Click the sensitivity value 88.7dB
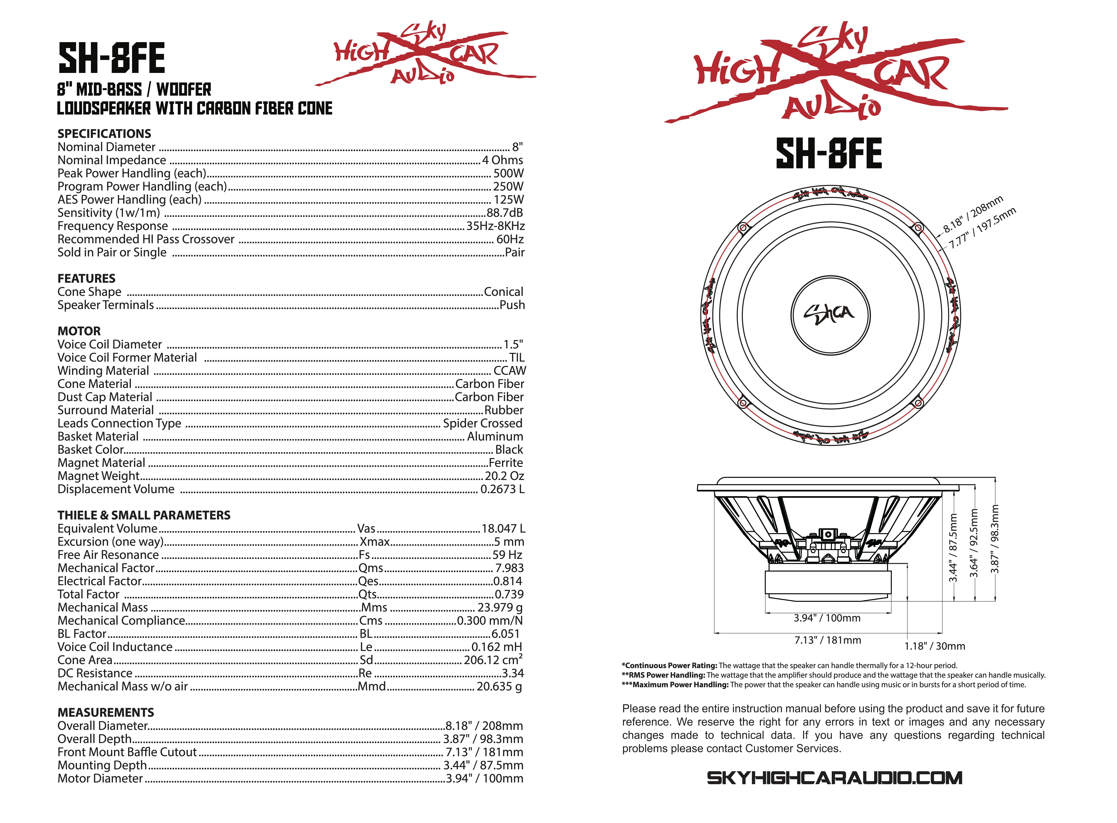pos(504,213)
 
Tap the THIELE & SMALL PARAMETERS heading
pos(144,515)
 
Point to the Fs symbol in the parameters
pos(364,555)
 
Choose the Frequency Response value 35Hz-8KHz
pos(495,226)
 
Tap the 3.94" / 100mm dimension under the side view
pos(827,618)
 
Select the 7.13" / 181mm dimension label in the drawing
pos(827,640)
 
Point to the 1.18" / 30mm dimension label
pos(934,646)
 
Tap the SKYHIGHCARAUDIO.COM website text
pos(834,778)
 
